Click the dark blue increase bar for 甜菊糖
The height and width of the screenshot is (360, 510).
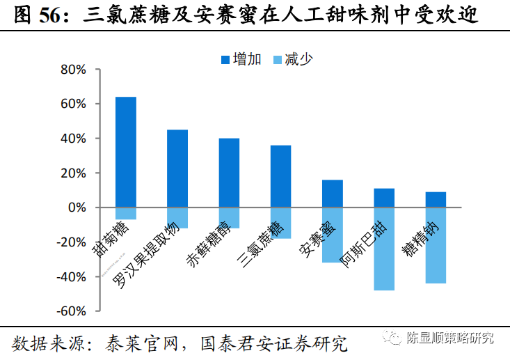(x=125, y=152)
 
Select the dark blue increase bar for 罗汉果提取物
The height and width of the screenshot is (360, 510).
(x=177, y=169)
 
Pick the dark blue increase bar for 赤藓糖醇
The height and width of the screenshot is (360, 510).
(x=229, y=173)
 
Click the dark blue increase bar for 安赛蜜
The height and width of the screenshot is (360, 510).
(x=332, y=194)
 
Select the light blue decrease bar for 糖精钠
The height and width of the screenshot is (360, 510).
(x=436, y=245)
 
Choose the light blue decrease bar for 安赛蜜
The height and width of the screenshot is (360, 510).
(x=332, y=235)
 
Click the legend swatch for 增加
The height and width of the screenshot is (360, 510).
(x=225, y=59)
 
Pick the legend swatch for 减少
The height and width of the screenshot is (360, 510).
(x=278, y=59)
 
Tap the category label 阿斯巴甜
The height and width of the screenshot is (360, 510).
(x=361, y=246)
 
